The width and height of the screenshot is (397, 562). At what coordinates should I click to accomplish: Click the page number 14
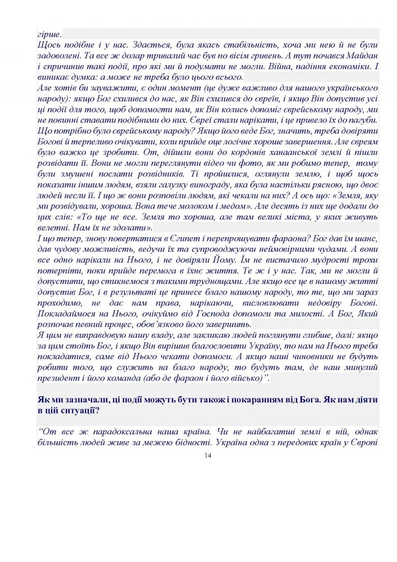(208, 456)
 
